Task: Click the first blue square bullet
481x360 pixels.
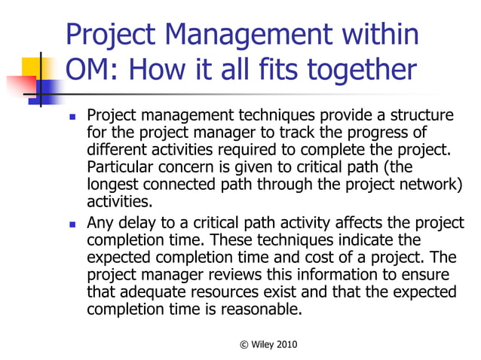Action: [x=72, y=117]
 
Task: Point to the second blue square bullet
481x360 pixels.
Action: [x=72, y=224]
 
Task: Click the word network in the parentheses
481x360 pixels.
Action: [x=427, y=184]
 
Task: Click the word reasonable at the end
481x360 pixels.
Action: [x=263, y=308]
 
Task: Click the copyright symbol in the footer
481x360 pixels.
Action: [x=244, y=344]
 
